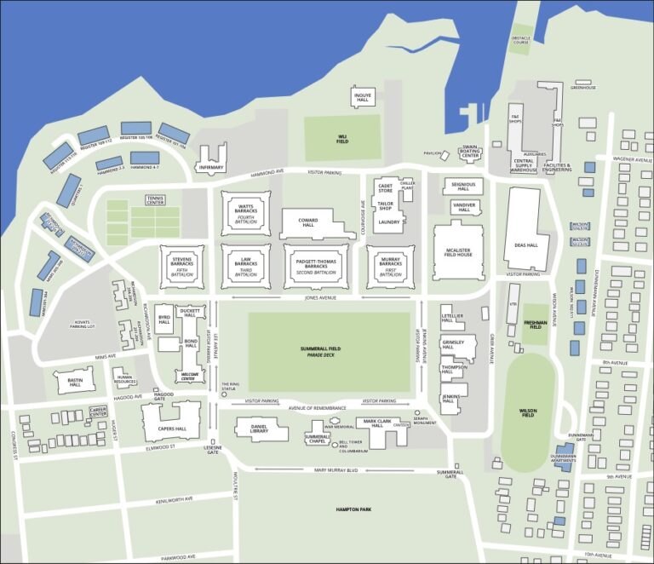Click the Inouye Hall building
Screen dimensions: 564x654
[x=363, y=96]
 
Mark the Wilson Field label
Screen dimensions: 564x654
[x=528, y=413]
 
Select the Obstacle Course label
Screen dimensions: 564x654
[x=520, y=39]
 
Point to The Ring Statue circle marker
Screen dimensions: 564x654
[x=225, y=394]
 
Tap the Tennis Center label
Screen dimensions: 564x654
[x=155, y=201]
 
